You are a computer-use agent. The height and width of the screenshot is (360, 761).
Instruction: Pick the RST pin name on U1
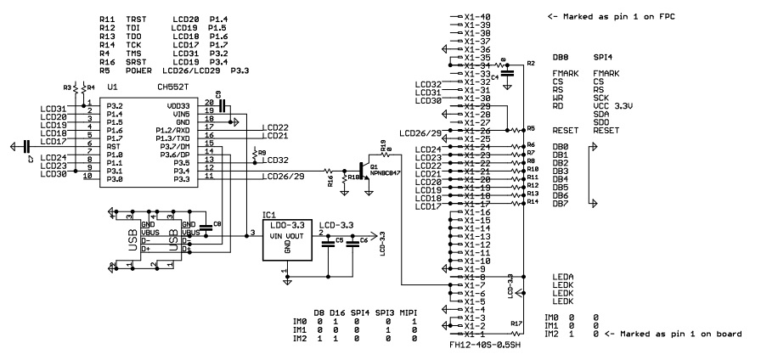(112, 146)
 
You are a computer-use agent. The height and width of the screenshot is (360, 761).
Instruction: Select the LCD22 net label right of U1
(276, 127)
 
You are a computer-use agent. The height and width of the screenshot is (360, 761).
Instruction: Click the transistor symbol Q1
(367, 169)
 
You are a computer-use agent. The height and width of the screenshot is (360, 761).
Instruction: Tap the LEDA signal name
(562, 278)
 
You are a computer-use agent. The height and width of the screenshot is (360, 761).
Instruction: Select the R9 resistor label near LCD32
(262, 153)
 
